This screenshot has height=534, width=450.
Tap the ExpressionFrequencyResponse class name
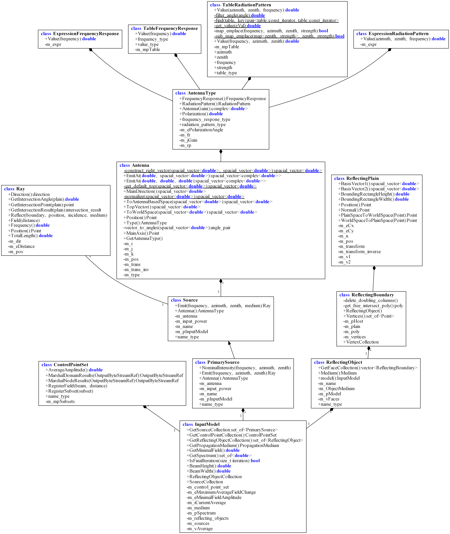coord(86,34)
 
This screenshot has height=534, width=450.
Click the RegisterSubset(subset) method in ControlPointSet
coord(69,391)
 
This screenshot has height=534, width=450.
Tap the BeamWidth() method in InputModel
coord(209,471)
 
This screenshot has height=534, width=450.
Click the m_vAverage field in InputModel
coord(200,529)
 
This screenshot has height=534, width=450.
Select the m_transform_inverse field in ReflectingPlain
coord(359,252)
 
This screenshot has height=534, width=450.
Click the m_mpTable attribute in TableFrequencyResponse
coord(147,49)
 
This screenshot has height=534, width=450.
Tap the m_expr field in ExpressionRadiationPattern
coord(369,44)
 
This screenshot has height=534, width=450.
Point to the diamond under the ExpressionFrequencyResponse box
coord(91,50)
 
